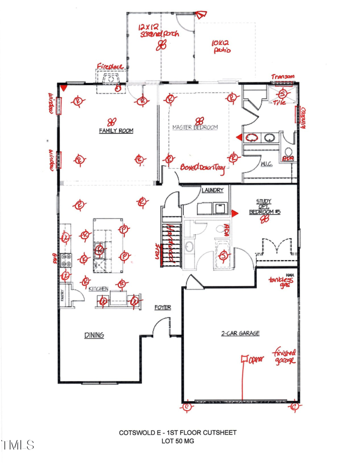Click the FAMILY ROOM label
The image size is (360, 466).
click(116, 131)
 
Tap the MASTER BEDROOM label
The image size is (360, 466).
click(195, 127)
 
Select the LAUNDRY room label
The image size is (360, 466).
click(212, 190)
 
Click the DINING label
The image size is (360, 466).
click(94, 335)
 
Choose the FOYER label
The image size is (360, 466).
click(162, 308)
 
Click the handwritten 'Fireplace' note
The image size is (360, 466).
click(110, 67)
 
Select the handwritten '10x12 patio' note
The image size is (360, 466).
click(221, 47)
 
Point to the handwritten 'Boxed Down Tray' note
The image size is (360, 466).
click(203, 167)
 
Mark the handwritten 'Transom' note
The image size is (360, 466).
click(283, 77)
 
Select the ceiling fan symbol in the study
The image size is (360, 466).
click(265, 219)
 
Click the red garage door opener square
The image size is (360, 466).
click(245, 359)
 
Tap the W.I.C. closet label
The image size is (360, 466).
click(266, 165)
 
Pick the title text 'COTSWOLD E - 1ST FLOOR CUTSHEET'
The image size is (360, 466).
click(177, 433)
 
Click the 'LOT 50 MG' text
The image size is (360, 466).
click(177, 441)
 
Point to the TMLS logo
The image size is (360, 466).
click(18, 445)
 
